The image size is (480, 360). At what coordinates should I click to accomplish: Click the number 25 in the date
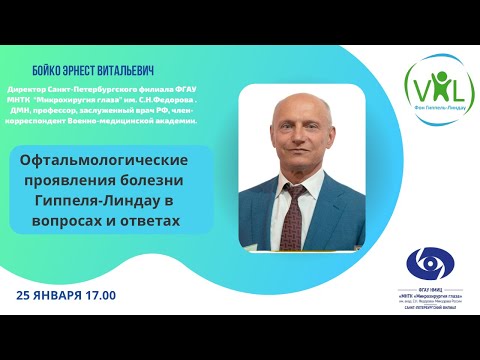pyautogui.click(x=26, y=296)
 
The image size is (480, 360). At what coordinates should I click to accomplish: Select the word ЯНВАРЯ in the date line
pyautogui.click(x=62, y=296)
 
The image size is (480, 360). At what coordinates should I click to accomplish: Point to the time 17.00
pyautogui.click(x=102, y=296)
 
